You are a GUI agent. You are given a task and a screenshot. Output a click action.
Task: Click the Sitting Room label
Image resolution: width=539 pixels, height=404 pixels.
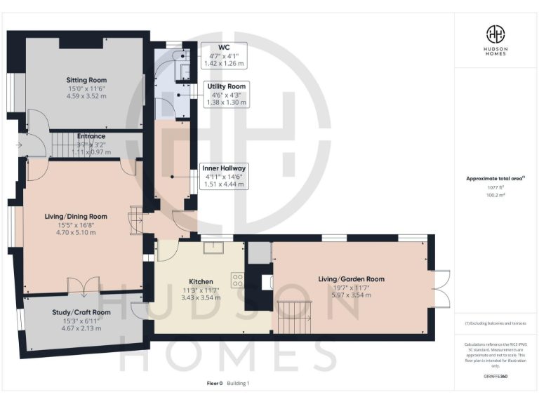(x=86, y=81)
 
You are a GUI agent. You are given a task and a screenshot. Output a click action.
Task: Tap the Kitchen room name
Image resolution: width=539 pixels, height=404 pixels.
(x=201, y=281)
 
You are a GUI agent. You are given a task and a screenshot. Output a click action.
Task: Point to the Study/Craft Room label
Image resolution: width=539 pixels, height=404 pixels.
(x=81, y=312)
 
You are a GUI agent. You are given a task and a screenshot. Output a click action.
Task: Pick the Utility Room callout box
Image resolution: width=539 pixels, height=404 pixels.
(x=226, y=95)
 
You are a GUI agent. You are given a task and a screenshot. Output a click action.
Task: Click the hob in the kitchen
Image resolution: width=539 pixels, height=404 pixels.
(x=237, y=280)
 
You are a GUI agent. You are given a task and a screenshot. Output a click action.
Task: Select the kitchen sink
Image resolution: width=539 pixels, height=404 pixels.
(x=213, y=247)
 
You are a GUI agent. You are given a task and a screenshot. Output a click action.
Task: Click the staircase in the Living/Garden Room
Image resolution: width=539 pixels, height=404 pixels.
(x=295, y=316)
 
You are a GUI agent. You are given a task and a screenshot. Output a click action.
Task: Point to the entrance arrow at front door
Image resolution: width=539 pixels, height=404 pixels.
(x=18, y=146)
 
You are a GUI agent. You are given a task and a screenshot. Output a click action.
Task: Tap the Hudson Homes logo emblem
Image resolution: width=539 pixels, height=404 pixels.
(x=496, y=34)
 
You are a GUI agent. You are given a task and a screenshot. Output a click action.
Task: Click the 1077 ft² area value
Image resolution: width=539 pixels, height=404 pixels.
(x=495, y=188)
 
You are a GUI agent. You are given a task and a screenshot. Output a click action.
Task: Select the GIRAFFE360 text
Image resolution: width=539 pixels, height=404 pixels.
(x=495, y=377)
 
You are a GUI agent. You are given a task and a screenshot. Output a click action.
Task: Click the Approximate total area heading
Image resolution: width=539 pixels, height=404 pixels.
(x=495, y=179)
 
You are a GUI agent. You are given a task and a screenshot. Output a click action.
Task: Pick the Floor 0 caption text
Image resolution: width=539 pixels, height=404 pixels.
(x=215, y=383)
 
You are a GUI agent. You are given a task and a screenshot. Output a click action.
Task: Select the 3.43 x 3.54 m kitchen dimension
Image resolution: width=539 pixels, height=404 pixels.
(x=201, y=297)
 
